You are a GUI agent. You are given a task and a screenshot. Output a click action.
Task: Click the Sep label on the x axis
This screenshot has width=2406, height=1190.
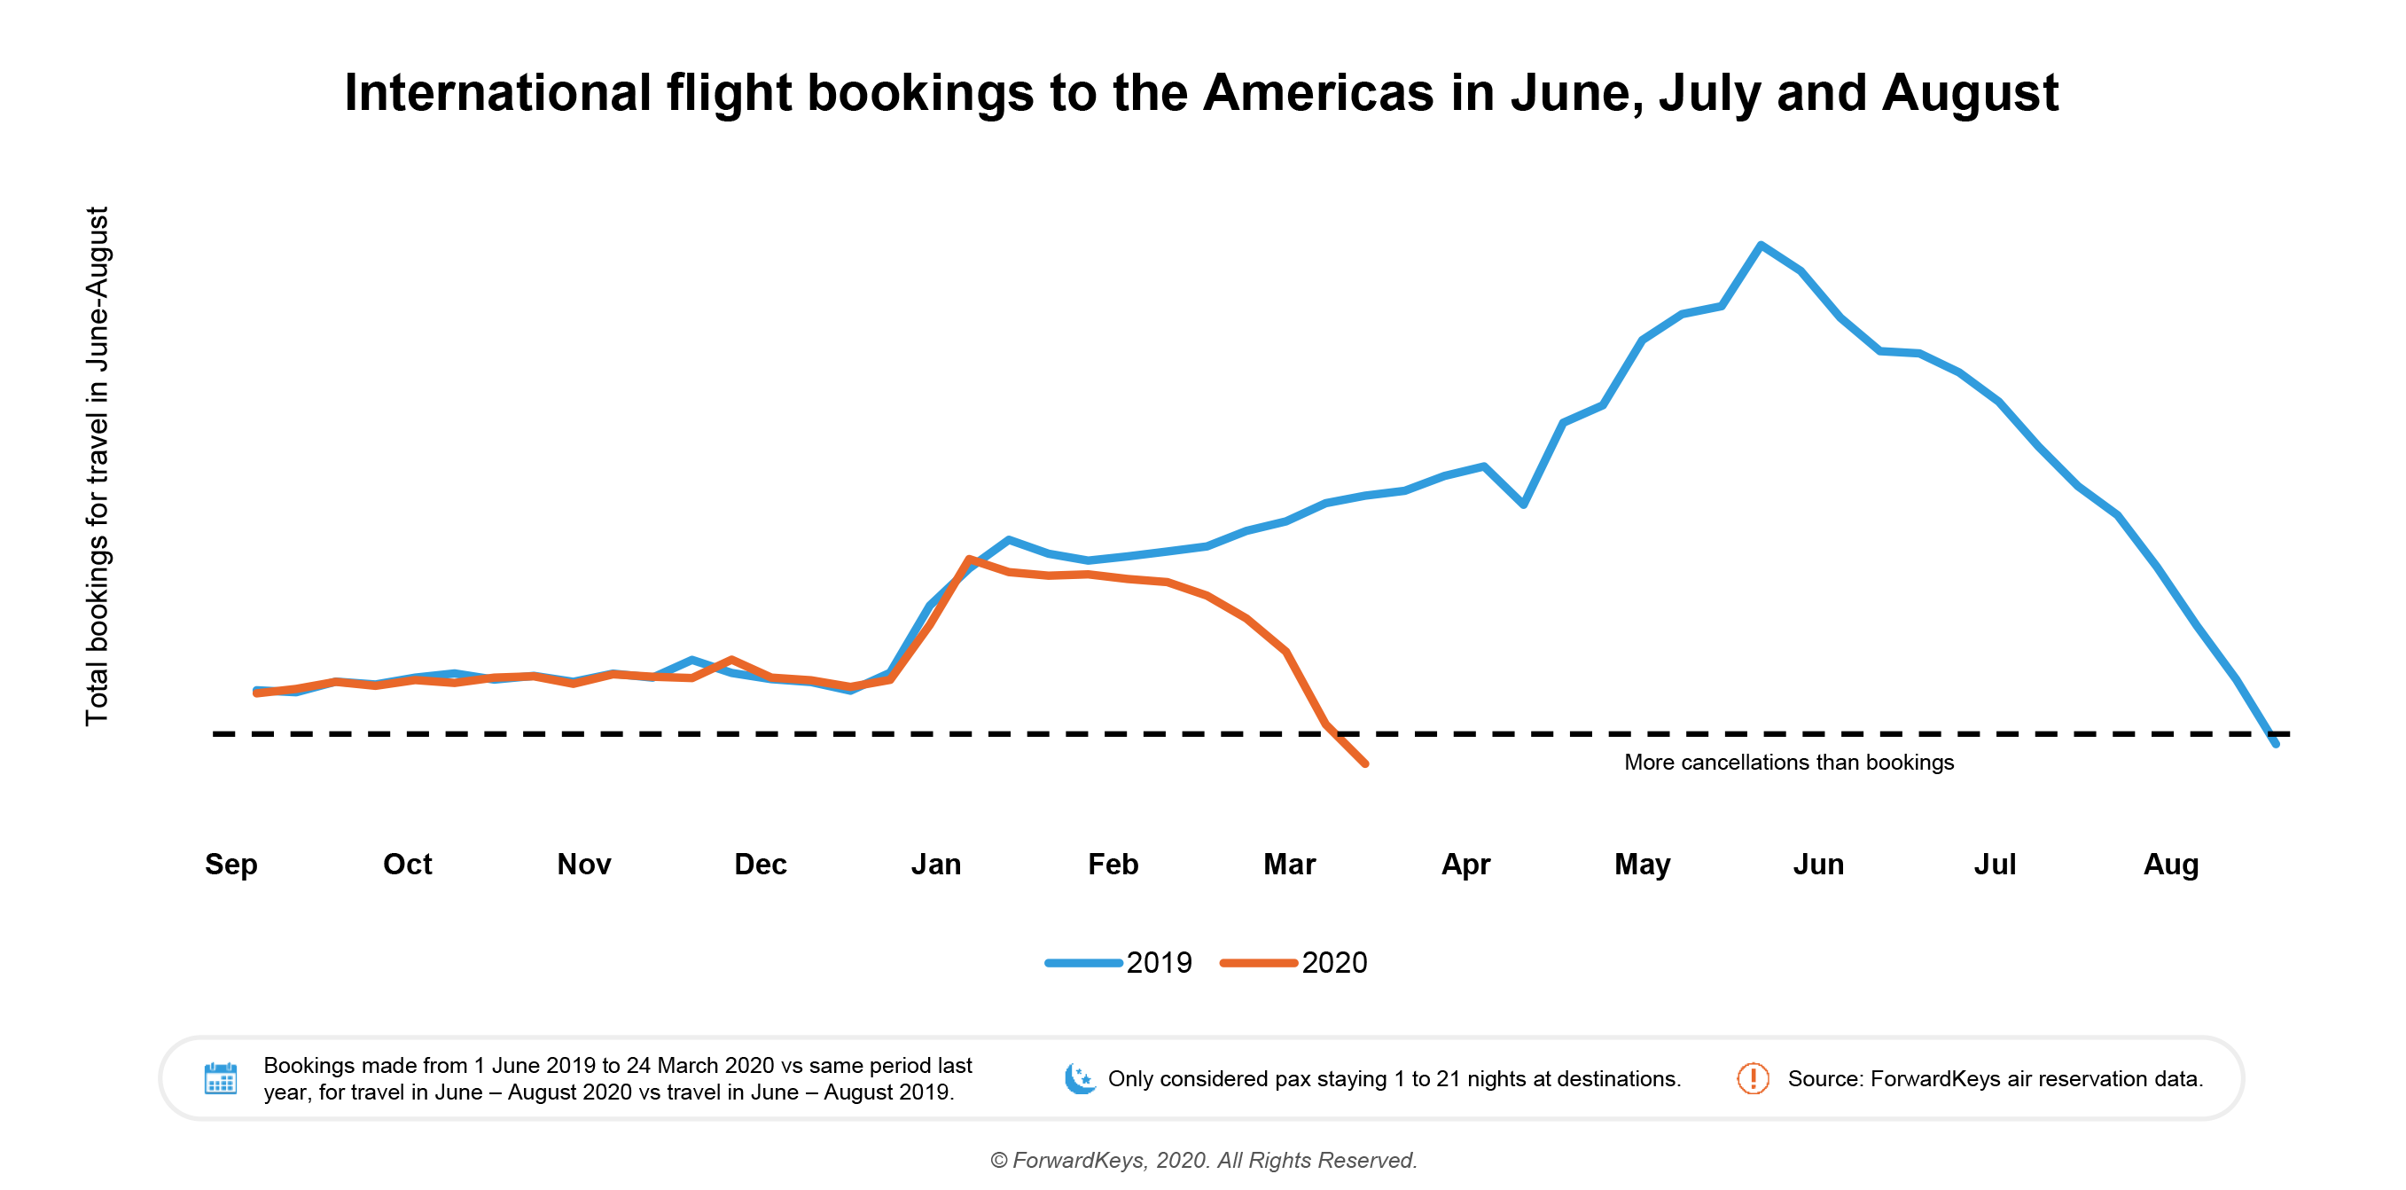[x=230, y=864]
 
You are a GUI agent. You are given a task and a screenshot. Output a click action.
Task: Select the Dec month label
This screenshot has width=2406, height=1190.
[x=761, y=864]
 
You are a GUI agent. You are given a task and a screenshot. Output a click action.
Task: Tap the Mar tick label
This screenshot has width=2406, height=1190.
[x=1289, y=864]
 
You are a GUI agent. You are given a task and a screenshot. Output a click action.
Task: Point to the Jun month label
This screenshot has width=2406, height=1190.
[x=1817, y=864]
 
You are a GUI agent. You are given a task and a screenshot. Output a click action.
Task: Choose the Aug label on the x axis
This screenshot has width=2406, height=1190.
[x=2170, y=864]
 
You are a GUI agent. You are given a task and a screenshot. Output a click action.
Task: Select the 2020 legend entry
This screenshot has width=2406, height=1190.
[x=1294, y=962]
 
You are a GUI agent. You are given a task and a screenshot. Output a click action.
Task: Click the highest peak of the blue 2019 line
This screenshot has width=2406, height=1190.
[x=1761, y=246]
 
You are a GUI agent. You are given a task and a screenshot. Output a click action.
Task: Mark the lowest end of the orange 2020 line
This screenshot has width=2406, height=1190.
[x=1365, y=763]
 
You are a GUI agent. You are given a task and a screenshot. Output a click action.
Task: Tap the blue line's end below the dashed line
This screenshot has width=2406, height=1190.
[x=2275, y=743]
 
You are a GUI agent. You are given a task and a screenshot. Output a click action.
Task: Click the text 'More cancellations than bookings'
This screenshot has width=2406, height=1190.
[x=1789, y=763]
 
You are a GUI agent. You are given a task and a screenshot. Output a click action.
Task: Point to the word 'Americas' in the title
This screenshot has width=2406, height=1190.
[x=1318, y=93]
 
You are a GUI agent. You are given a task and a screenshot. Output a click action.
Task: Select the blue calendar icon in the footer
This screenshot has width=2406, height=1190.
[x=221, y=1078]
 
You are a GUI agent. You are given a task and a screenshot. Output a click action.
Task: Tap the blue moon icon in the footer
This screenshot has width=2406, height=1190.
[x=1080, y=1078]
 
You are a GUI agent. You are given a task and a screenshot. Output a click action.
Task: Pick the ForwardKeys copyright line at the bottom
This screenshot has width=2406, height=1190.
[x=1203, y=1160]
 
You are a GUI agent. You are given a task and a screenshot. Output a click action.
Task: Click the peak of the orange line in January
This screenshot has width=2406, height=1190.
[x=970, y=559]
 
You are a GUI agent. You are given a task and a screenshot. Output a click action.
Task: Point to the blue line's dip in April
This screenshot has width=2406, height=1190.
[x=1523, y=505]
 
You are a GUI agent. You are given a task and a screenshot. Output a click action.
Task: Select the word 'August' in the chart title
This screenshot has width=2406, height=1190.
[x=1970, y=93]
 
